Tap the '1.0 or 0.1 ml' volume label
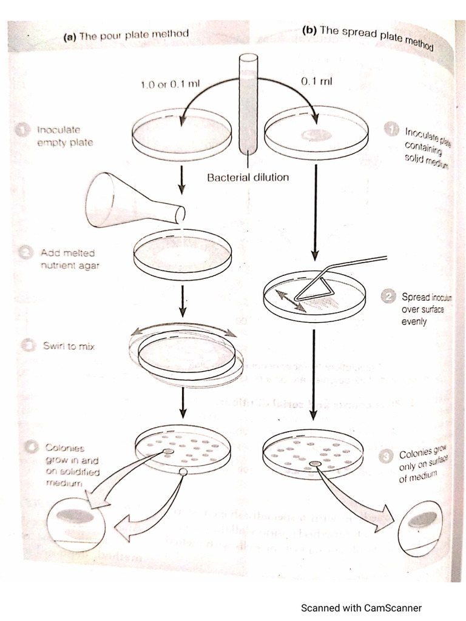point(170,84)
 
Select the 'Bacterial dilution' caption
point(248,178)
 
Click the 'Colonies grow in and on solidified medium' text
point(68,465)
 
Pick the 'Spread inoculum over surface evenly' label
point(423,309)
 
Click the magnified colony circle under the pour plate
point(76,524)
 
